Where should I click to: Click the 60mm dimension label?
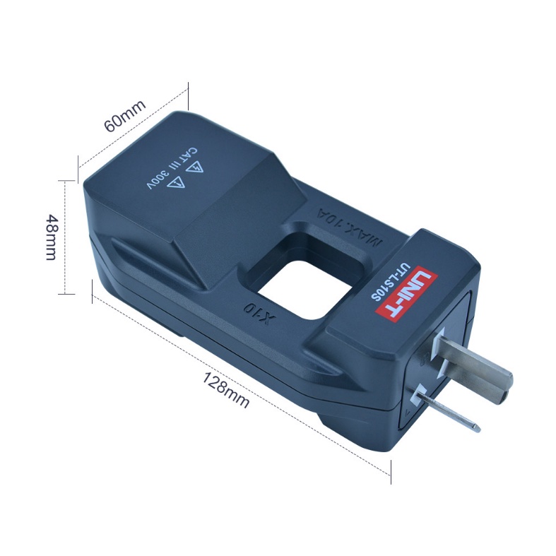125,116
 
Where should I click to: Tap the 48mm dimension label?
52,237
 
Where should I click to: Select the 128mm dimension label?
226,390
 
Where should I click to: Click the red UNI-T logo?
407,293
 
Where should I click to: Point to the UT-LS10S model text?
389,283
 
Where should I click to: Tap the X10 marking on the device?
259,314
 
